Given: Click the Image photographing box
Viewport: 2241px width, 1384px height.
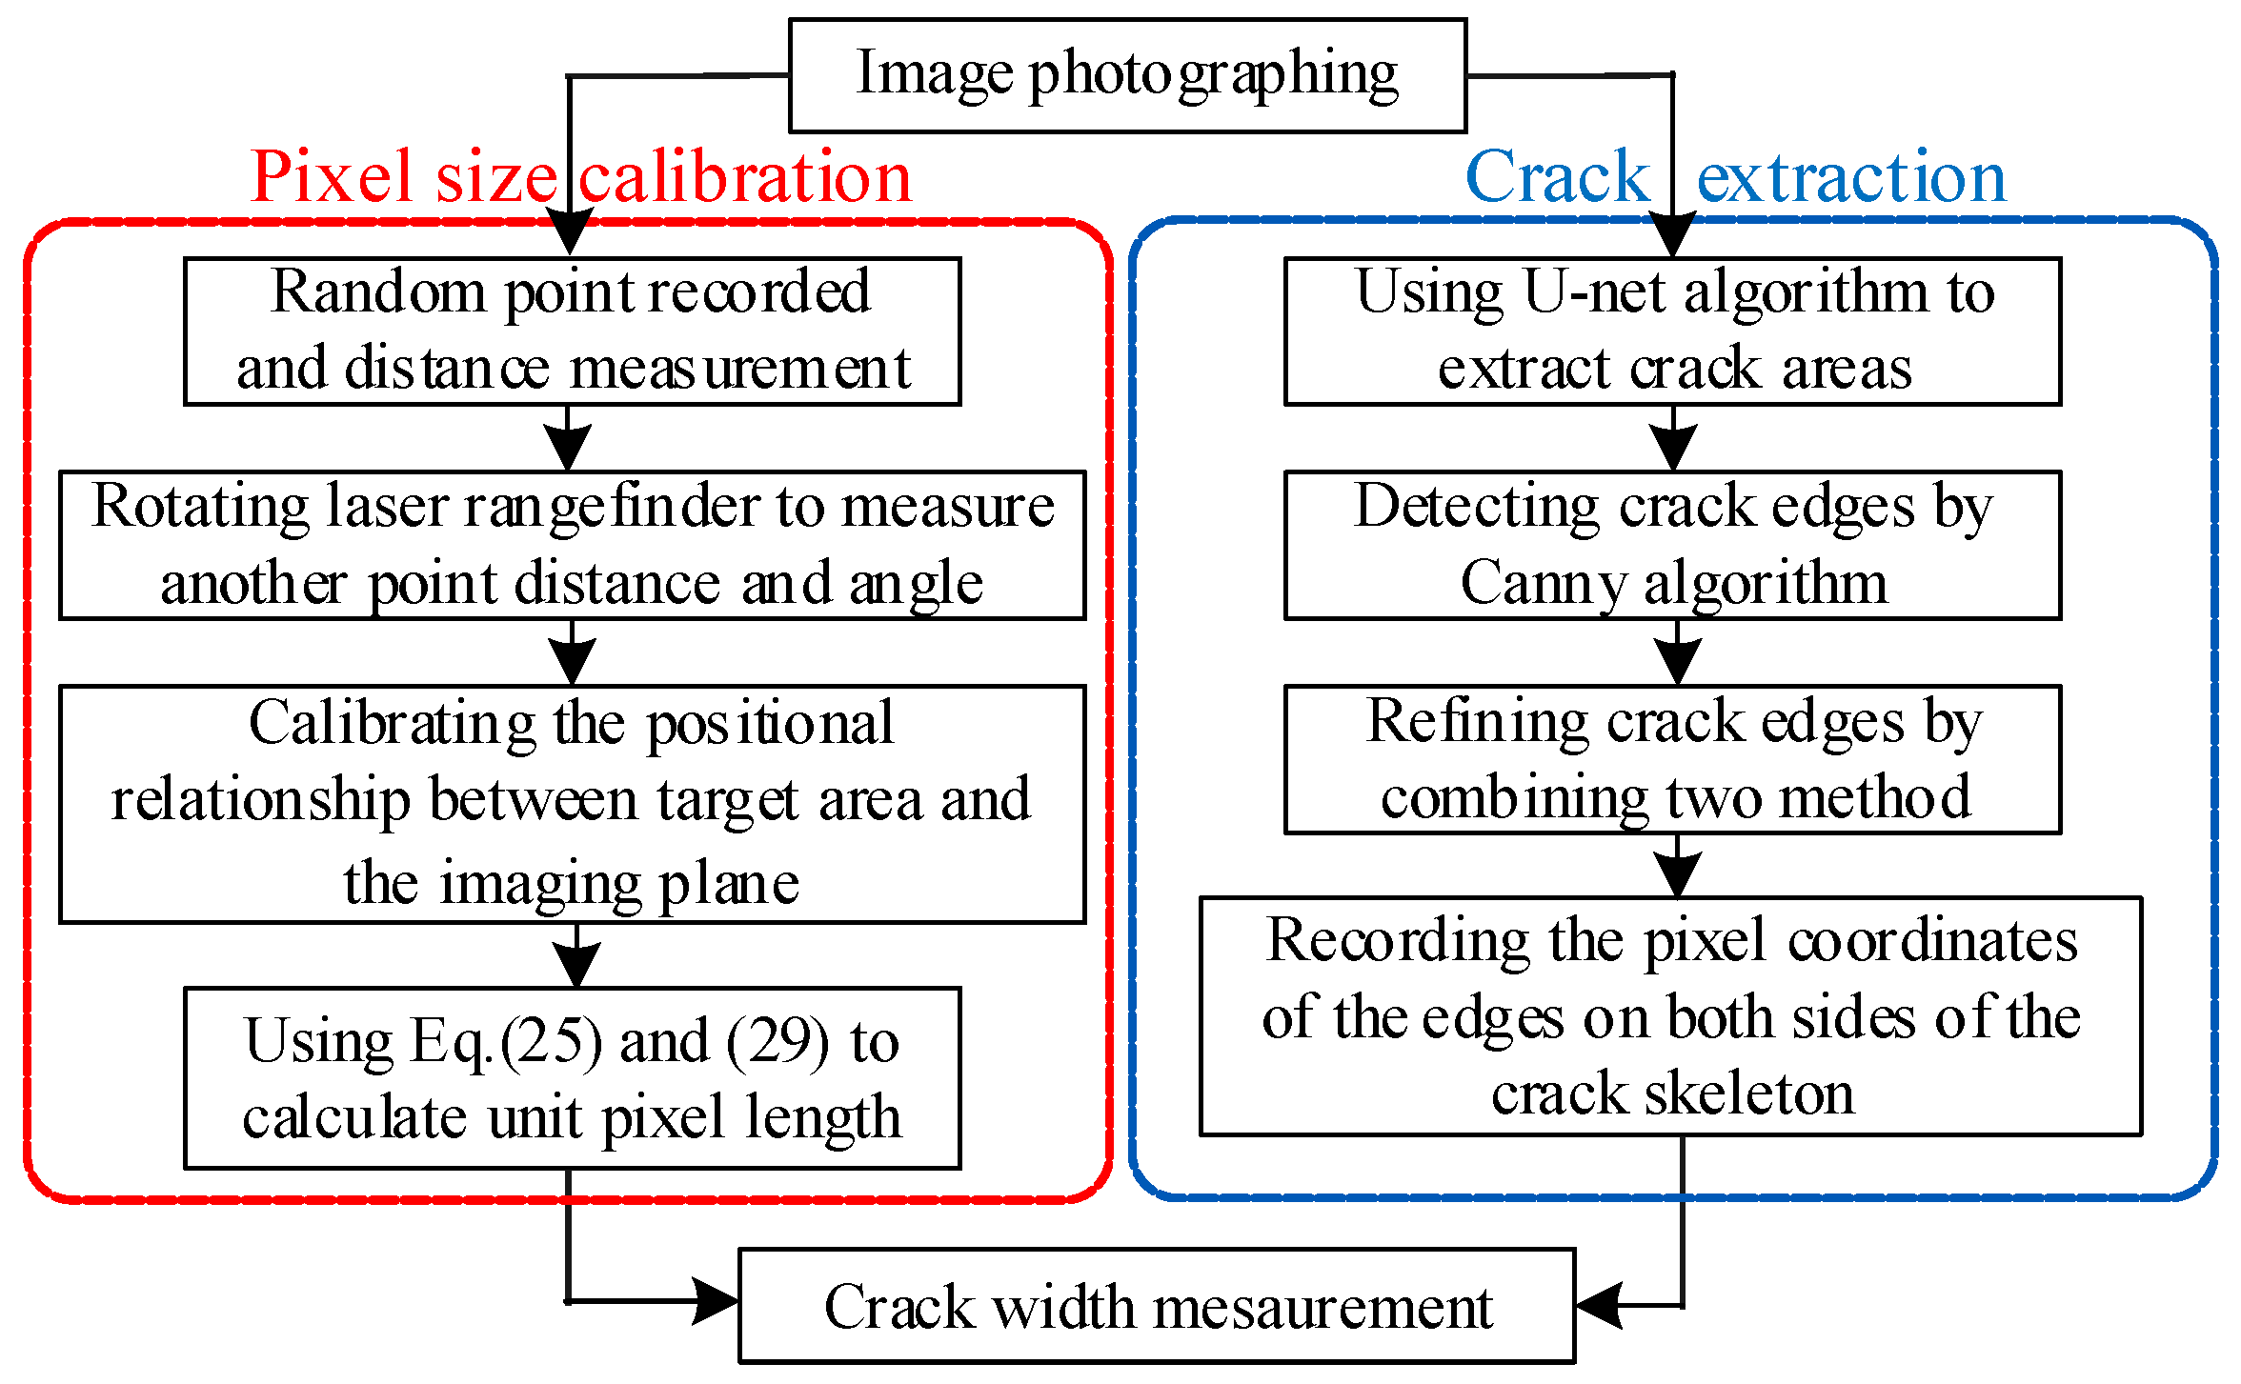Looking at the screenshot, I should tap(1127, 75).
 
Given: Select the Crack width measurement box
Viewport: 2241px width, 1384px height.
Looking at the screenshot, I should tap(1156, 1306).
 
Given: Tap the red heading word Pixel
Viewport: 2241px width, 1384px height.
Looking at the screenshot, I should tap(333, 179).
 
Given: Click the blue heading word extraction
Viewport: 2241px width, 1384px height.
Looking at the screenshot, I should tap(1851, 178).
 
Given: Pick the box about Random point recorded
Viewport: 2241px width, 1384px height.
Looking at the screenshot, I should tap(572, 331).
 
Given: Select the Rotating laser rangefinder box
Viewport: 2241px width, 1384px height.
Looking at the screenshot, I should tap(572, 545).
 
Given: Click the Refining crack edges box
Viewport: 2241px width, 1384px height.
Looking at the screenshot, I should tap(1672, 759).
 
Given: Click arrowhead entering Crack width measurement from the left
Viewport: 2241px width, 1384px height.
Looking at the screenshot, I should tap(715, 1301).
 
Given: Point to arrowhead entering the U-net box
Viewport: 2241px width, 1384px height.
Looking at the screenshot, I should tap(1672, 236).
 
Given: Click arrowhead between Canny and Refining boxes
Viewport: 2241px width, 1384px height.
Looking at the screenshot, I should tap(1677, 661).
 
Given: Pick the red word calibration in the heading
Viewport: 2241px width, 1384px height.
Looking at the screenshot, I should tap(746, 179).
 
